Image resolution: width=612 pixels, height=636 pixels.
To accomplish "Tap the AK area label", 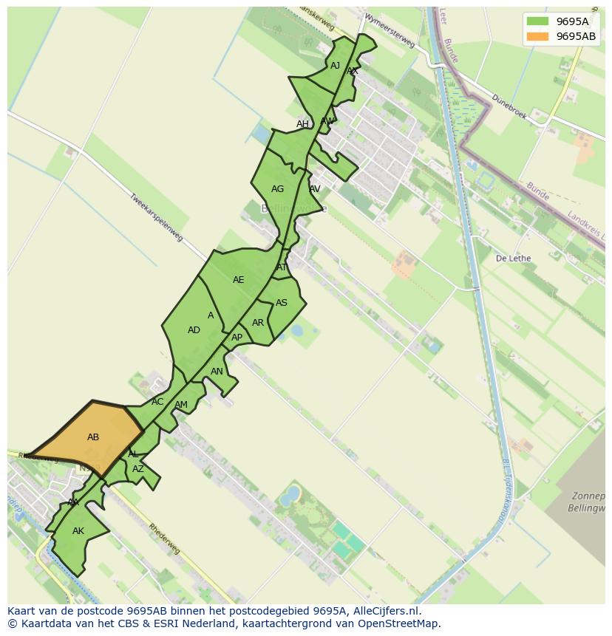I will click(x=78, y=531).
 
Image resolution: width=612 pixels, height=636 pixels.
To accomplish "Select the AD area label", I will click(x=194, y=330).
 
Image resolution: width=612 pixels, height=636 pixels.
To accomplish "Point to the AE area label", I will click(x=238, y=280).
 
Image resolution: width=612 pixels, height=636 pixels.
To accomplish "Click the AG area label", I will click(x=277, y=189).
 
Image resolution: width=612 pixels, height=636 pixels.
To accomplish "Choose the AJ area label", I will click(x=335, y=66).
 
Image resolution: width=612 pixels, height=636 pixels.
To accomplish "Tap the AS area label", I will click(x=281, y=303).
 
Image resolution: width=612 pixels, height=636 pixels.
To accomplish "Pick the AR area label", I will click(x=257, y=323).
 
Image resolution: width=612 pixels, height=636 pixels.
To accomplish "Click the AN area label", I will click(x=217, y=372).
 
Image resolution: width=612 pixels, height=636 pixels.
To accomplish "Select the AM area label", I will click(x=181, y=405).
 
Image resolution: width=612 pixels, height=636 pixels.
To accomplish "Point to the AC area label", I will click(x=157, y=402).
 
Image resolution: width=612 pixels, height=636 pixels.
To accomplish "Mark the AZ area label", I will click(x=138, y=469).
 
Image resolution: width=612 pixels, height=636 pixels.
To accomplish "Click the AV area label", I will click(x=315, y=189).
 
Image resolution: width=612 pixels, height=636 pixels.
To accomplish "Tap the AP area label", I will click(x=237, y=338).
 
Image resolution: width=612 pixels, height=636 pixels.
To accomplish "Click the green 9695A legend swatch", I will click(x=537, y=21).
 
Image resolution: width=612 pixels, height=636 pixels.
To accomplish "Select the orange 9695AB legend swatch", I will click(x=537, y=36).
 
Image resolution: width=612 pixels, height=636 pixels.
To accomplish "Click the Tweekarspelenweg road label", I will click(x=155, y=216).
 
